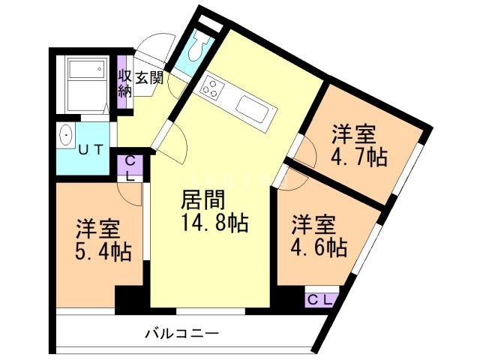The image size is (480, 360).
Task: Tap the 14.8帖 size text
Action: pos(214,223)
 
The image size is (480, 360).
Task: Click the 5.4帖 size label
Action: pos(103,250)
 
